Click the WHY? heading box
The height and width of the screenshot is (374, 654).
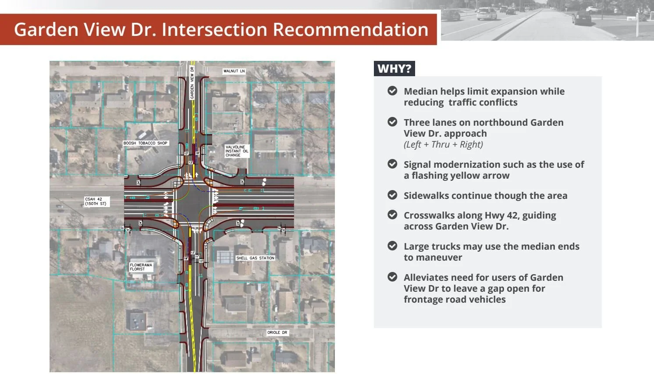click(x=394, y=69)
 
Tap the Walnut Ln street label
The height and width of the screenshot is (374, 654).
click(x=234, y=71)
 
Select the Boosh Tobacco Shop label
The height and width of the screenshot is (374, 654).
click(x=146, y=143)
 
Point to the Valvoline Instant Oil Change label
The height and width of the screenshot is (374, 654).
click(x=237, y=151)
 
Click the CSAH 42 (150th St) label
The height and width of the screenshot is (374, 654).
click(x=96, y=201)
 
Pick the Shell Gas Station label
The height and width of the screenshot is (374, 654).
click(x=255, y=258)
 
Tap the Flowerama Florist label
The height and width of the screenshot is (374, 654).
click(x=141, y=267)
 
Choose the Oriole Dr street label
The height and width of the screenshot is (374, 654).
click(x=277, y=332)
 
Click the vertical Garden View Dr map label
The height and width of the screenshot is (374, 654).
click(x=192, y=82)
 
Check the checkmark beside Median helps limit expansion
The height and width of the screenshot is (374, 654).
click(x=392, y=91)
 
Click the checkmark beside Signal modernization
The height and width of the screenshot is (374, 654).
click(x=392, y=164)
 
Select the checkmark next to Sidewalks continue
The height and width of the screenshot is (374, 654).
click(x=392, y=195)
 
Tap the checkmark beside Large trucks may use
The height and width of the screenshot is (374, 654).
click(x=392, y=246)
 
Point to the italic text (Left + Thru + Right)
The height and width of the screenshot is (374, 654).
click(x=443, y=145)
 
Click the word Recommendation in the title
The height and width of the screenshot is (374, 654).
click(x=350, y=29)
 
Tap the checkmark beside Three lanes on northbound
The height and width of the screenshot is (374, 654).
click(x=392, y=122)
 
